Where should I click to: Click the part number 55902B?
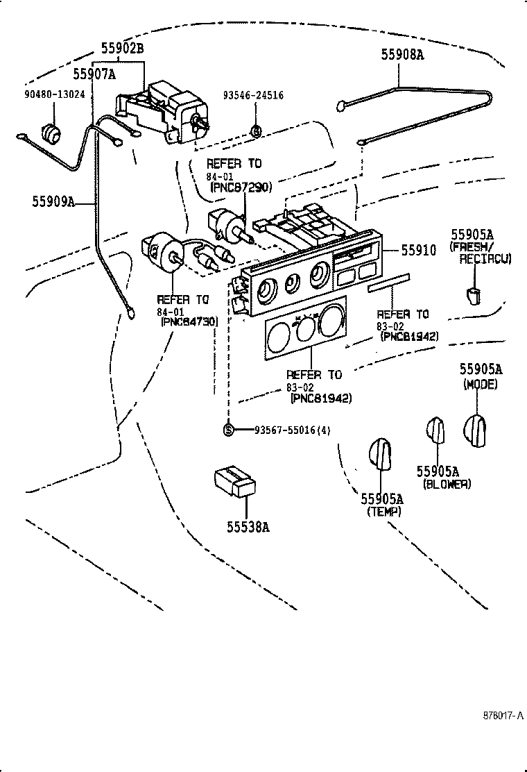click(123, 48)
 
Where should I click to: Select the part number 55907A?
click(94, 73)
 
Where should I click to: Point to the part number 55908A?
click(401, 54)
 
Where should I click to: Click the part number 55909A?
click(53, 202)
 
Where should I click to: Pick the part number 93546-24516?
click(253, 95)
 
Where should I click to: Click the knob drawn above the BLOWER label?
click(435, 430)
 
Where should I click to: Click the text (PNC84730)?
click(188, 321)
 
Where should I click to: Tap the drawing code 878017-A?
click(503, 714)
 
